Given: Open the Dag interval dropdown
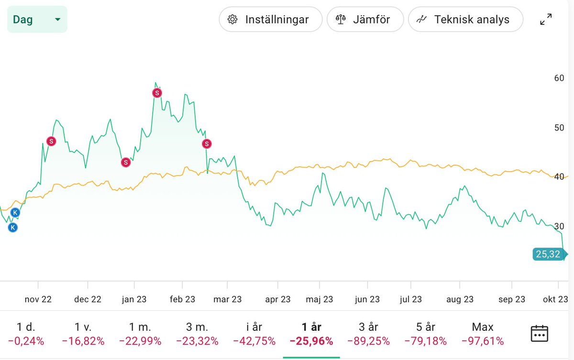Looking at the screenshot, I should click(37, 20).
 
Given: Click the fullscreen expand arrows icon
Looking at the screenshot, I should click(546, 20).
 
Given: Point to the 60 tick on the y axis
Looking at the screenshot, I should click(558, 78).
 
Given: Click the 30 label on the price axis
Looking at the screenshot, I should click(558, 226).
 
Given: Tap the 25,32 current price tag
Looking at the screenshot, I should click(548, 254).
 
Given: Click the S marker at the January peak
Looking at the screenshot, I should click(157, 93).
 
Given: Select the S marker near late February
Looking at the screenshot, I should click(207, 143).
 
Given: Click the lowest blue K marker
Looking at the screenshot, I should click(13, 228).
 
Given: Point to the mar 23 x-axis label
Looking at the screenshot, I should click(228, 299).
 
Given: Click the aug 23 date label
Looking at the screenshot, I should click(460, 299).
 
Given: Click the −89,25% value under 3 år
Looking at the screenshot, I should click(368, 341).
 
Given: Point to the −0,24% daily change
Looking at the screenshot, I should click(26, 341).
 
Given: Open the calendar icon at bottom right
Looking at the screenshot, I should click(539, 333).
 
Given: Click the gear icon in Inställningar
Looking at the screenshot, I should click(233, 20).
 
